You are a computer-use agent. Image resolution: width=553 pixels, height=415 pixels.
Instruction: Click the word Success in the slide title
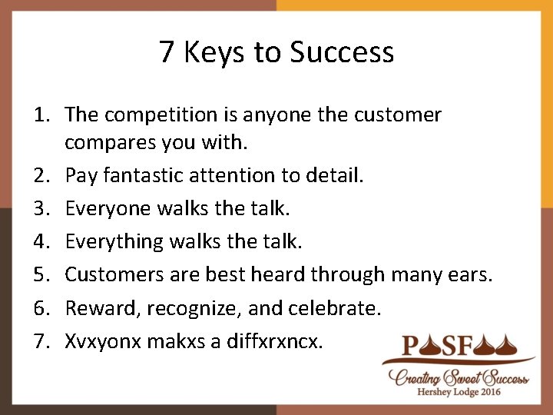pos(342,52)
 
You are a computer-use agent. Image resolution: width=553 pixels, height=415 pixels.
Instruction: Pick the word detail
pos(334,176)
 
